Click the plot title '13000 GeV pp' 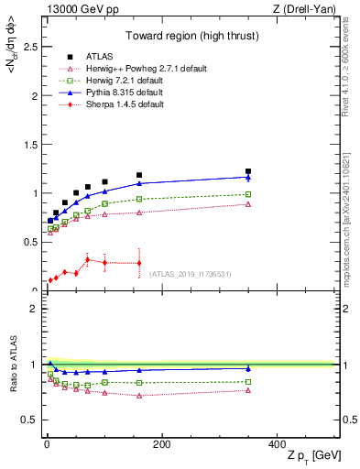(x=72, y=10)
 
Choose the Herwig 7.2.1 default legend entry (x=125, y=80)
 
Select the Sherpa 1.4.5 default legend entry (x=124, y=104)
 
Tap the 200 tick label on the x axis (x=161, y=444)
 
